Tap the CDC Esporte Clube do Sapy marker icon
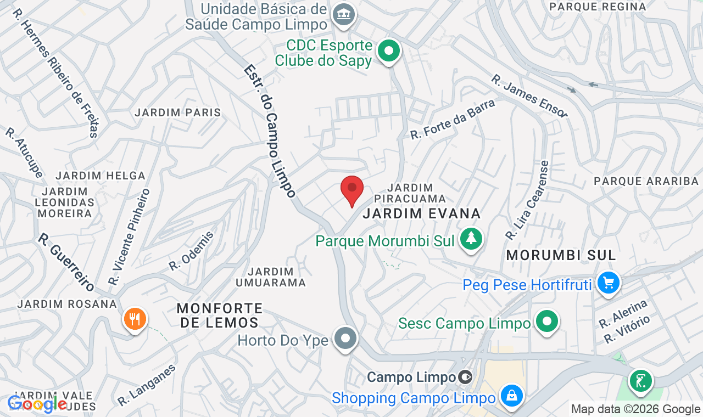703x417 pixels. (x=389, y=52)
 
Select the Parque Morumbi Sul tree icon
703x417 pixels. (x=471, y=239)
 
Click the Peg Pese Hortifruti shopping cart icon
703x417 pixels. (x=608, y=284)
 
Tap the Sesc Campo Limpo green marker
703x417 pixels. (x=547, y=322)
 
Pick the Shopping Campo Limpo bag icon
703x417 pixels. (x=511, y=396)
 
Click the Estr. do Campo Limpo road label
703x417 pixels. (x=270, y=131)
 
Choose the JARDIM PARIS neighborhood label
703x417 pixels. (x=178, y=112)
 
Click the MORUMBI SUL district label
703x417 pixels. (x=561, y=255)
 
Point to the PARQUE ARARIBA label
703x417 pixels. (x=646, y=181)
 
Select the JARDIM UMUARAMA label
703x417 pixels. (x=271, y=277)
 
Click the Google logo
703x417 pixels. (x=37, y=404)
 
